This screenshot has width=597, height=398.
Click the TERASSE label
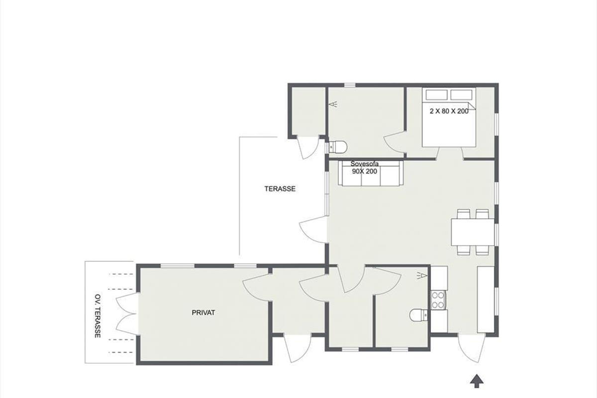coord(280,189)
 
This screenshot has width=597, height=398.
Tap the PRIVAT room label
coord(203,313)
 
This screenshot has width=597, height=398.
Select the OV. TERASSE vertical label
coord(98,316)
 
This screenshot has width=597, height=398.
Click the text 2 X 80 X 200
coord(449,111)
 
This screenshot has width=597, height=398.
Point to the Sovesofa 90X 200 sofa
coord(371,173)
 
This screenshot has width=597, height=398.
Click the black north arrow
coord(477,381)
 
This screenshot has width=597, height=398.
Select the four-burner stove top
coord(438,300)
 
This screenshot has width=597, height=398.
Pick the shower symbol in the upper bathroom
coord(333,104)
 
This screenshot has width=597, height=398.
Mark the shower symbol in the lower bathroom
coord(422,276)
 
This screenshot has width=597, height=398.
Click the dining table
coord(473,232)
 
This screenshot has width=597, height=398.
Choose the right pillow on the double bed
coord(461,95)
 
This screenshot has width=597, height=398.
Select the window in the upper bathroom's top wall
coord(349,85)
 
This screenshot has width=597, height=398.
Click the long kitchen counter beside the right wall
coord(486,299)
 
